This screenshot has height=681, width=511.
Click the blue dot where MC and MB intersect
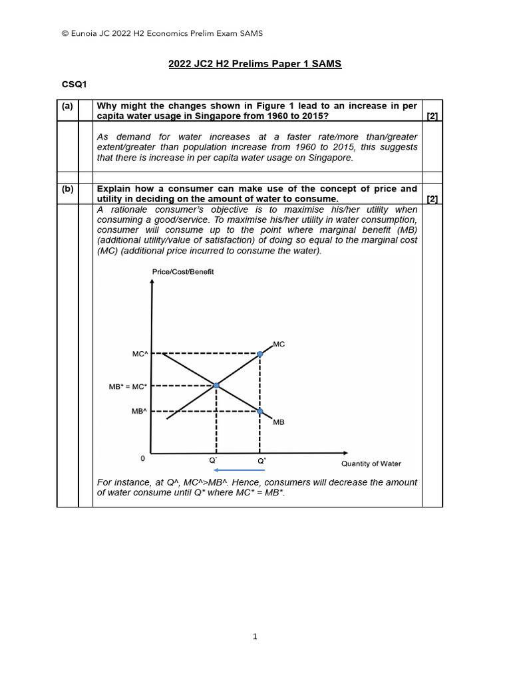(x=216, y=385)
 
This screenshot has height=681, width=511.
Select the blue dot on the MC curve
(x=260, y=354)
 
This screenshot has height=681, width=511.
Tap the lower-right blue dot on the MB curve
(x=260, y=412)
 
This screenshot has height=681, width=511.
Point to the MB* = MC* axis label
(x=127, y=386)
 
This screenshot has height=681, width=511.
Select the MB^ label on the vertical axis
(x=138, y=412)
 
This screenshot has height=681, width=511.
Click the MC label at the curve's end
(x=279, y=344)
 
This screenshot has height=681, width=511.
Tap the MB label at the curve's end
(x=278, y=422)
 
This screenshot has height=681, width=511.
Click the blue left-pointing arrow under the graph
(x=236, y=470)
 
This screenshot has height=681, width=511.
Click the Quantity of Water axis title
(x=371, y=464)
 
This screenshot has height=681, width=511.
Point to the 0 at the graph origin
(x=142, y=459)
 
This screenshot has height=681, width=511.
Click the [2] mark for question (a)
(x=432, y=116)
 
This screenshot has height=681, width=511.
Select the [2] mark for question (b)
(x=432, y=199)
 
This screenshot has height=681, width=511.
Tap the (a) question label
(x=67, y=106)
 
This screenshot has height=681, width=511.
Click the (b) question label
(x=67, y=189)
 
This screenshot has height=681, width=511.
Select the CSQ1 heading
(x=75, y=84)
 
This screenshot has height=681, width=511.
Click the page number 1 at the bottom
(x=255, y=636)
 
